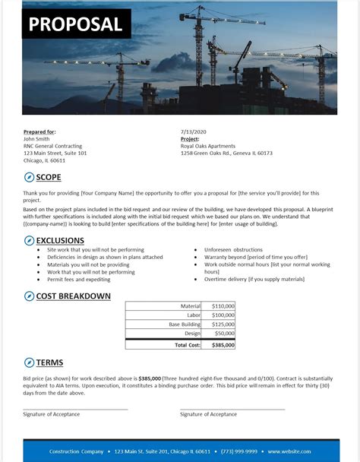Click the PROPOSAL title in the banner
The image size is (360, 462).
tap(76, 24)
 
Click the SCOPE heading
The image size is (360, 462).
tap(49, 178)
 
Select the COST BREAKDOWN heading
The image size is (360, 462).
tap(74, 296)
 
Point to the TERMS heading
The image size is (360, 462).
tap(50, 362)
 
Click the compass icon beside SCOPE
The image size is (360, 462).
tap(29, 178)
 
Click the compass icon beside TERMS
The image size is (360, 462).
tap(29, 362)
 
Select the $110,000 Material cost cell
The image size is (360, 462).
tap(223, 305)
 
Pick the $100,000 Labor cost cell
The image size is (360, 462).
tap(223, 315)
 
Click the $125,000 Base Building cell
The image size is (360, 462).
tap(223, 324)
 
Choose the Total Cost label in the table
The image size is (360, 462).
tap(188, 344)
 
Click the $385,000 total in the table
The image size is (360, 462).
tap(222, 344)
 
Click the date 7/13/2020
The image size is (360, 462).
tap(193, 132)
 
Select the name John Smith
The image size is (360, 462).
tap(37, 139)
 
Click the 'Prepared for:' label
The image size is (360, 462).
tap(39, 132)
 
